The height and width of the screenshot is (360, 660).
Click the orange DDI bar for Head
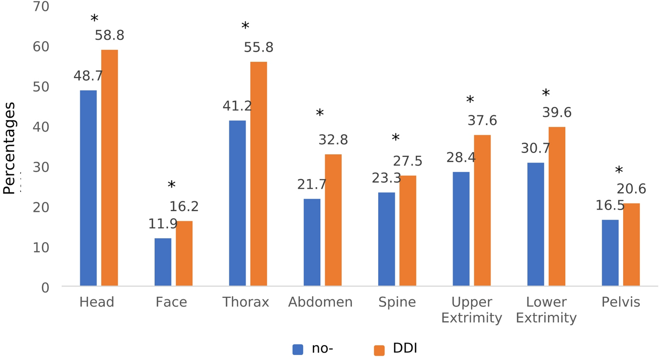click(109, 168)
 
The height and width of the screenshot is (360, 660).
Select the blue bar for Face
click(163, 262)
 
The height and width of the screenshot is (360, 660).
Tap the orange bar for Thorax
click(259, 173)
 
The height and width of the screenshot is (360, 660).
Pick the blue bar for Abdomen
click(312, 242)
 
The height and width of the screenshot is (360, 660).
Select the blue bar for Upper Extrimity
click(461, 229)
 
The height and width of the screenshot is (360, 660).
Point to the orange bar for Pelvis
click(631, 244)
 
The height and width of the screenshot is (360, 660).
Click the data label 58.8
click(109, 35)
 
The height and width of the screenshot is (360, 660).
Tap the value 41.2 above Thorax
click(237, 106)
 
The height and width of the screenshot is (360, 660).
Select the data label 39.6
click(557, 112)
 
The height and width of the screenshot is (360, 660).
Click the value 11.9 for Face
click(163, 224)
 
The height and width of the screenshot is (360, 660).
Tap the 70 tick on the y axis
click(41, 7)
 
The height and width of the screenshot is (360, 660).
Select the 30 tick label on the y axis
click(41, 167)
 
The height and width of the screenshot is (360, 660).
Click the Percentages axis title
click(9, 148)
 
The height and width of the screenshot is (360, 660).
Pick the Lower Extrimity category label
click(546, 310)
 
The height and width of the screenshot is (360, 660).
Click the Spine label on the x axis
click(397, 302)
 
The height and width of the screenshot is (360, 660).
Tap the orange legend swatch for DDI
click(379, 350)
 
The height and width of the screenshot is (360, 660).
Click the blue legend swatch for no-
click(298, 350)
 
